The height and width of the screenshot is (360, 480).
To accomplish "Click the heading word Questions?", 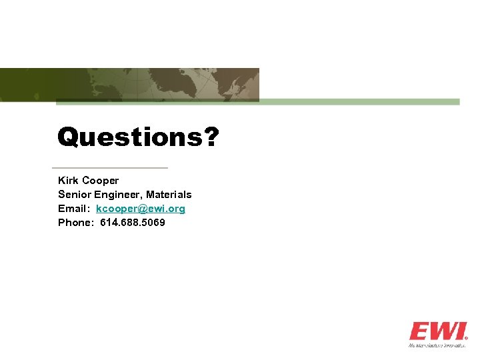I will click(137, 137).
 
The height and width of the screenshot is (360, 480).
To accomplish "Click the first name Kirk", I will click(68, 181).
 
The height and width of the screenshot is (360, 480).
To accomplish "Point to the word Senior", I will click(75, 195).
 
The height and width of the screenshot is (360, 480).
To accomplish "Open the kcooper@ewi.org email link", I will click(141, 209).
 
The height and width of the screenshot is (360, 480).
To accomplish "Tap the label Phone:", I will click(76, 223).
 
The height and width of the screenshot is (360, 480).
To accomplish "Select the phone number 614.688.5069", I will click(133, 223).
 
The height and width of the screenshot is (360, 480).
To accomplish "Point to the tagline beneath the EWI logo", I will click(437, 345).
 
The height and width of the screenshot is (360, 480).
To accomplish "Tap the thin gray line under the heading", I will click(110, 167).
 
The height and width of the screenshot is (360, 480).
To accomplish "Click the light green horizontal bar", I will click(360, 102).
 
